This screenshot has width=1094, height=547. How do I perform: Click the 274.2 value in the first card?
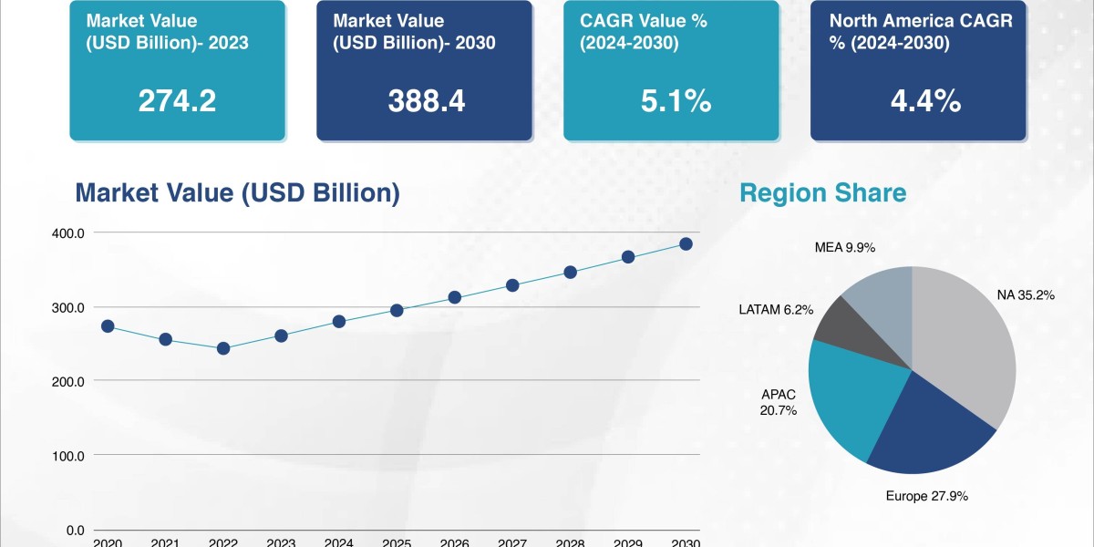coord(177,101)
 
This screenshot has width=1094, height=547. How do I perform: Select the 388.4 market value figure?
coord(426,101)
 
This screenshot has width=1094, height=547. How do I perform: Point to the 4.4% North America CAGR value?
coord(925,101)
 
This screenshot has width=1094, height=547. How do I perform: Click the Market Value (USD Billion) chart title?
coord(237,193)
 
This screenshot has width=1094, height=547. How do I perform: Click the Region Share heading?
coord(822,193)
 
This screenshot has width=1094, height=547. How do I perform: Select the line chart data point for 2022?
coord(223,348)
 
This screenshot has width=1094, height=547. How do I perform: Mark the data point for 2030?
coord(686,244)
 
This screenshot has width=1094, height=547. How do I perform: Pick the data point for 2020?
coord(108,326)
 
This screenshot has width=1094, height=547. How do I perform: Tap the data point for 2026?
coord(455,298)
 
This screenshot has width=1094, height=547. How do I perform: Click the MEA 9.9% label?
coord(845,247)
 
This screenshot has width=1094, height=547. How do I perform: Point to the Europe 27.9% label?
coord(926,497)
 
